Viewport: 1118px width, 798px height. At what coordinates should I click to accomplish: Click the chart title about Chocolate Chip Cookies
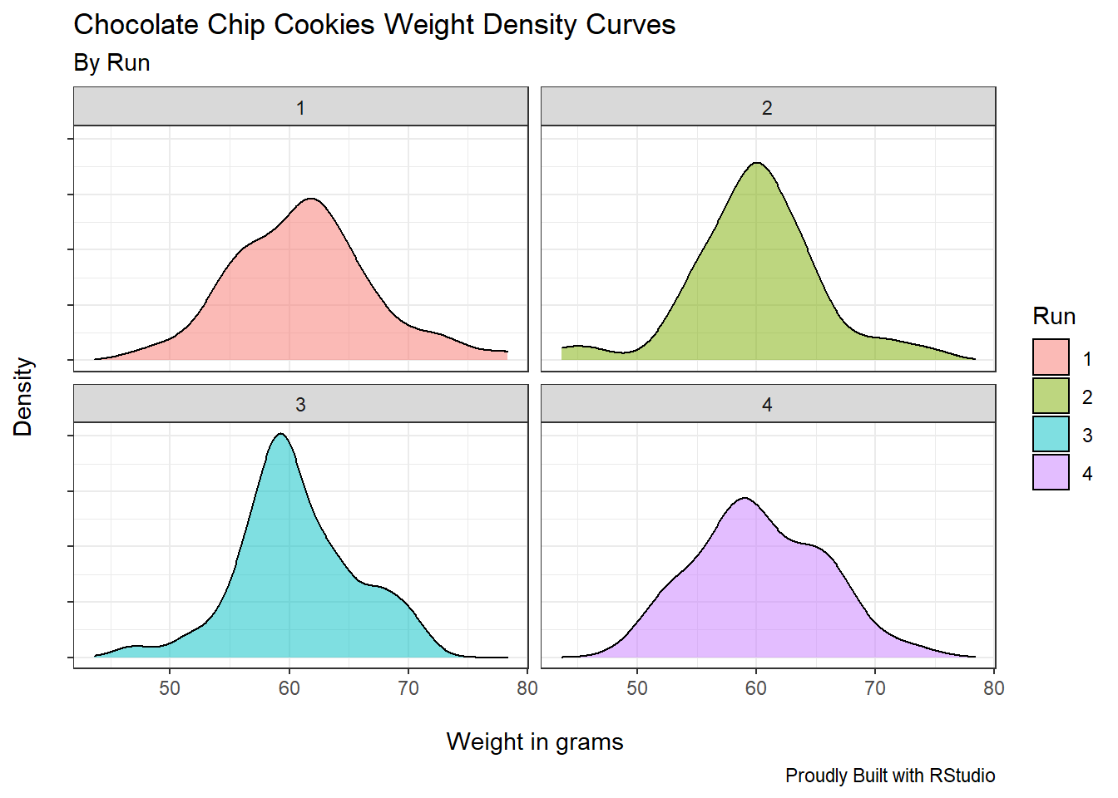coord(374,25)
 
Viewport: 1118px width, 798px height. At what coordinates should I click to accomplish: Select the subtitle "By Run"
coord(111,63)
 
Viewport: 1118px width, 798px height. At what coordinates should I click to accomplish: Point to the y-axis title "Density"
coord(23,397)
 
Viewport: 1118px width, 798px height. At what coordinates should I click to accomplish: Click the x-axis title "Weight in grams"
coord(534,741)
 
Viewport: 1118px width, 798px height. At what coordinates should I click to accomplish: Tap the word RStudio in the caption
coord(962,776)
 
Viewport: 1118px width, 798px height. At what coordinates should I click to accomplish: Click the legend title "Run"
coord(1054,317)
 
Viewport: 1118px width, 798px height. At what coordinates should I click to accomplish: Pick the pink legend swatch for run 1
coord(1051,357)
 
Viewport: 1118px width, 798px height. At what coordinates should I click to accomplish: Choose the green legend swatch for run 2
coord(1051,396)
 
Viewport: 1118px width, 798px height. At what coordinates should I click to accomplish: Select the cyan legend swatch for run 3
coord(1051,434)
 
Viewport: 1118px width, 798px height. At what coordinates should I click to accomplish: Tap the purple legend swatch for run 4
coord(1051,472)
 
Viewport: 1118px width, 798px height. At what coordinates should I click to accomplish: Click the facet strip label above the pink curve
coord(300,108)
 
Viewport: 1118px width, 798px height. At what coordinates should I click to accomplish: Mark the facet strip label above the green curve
coord(767,108)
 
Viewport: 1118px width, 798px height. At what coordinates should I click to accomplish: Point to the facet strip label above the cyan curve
coord(300,405)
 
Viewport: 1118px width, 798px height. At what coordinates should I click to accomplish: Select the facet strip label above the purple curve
coord(767,405)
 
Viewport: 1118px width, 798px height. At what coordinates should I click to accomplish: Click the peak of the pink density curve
coord(311,199)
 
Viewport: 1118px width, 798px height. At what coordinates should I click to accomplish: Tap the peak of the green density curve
coord(757,163)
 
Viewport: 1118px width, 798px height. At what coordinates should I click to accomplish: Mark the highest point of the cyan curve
coord(281,434)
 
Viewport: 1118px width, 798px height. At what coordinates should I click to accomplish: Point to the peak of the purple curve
coord(745,499)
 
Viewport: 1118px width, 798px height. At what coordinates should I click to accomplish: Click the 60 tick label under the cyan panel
coord(289,688)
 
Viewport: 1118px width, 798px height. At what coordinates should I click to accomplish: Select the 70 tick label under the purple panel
coord(875,688)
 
